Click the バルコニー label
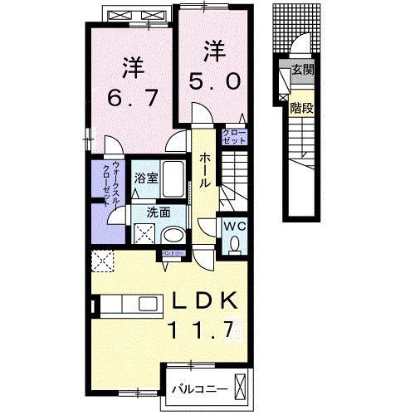pos(197,388)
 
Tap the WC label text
pos(232,225)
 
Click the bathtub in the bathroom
pos(173,178)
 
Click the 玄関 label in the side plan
pos(302,71)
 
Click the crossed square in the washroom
pos(144,234)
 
